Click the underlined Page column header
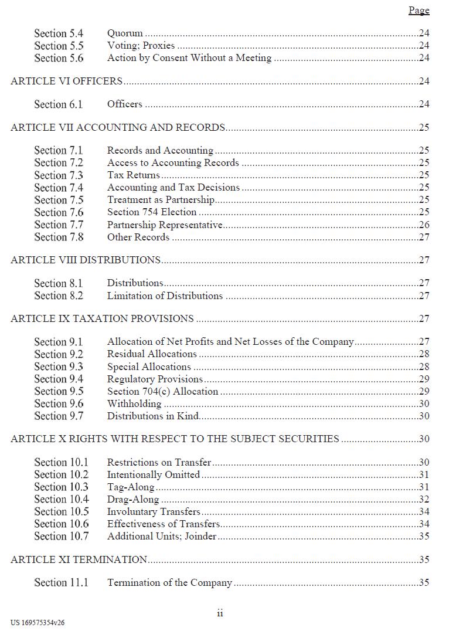click(418, 11)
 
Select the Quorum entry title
click(125, 33)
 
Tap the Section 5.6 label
click(59, 58)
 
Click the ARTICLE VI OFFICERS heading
click(66, 81)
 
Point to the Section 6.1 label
click(59, 104)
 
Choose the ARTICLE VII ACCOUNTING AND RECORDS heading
click(118, 127)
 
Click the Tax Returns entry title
click(133, 175)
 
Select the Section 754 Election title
click(151, 212)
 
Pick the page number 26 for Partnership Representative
click(424, 225)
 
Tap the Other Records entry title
click(138, 237)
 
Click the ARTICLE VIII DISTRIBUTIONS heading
click(86, 260)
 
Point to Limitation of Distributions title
click(165, 296)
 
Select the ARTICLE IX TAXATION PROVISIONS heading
click(102, 318)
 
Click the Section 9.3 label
click(59, 367)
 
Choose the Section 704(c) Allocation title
click(162, 391)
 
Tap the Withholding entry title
click(134, 403)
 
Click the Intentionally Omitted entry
click(154, 474)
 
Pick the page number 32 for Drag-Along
click(424, 499)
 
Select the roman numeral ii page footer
click(220, 613)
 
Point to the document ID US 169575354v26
click(38, 623)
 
